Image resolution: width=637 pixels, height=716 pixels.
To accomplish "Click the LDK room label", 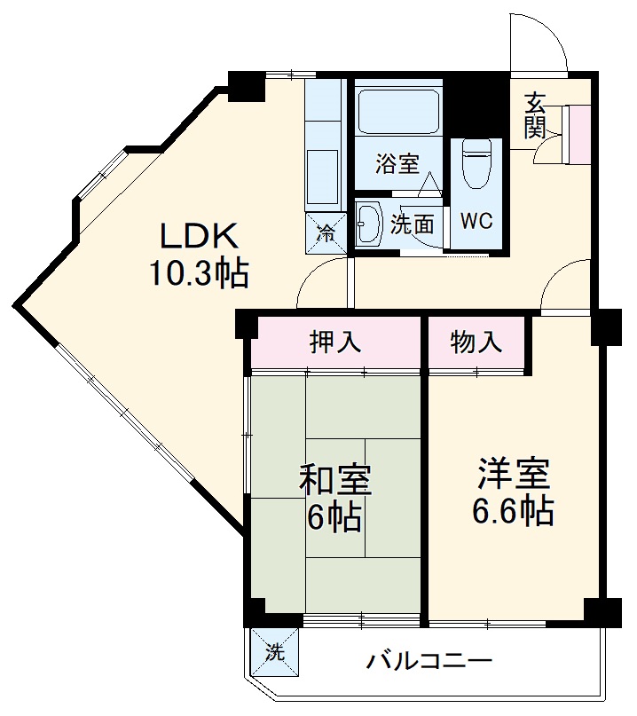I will click(199, 237).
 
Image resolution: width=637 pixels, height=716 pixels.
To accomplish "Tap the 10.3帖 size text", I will click(199, 272).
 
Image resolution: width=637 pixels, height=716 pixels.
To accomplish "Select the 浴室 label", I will click(396, 163).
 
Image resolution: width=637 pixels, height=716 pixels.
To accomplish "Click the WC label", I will click(476, 221).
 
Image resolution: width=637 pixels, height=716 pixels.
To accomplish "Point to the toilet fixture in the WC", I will click(476, 164).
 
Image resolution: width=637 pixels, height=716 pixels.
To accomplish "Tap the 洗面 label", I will click(413, 224).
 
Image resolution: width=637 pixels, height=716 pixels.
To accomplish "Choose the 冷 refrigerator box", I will click(326, 233).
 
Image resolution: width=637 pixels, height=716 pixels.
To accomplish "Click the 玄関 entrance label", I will click(535, 115).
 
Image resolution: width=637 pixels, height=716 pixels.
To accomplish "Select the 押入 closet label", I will click(334, 342).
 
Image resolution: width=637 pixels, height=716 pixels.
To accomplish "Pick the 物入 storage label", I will click(476, 342).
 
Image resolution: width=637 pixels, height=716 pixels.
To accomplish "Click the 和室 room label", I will click(334, 479).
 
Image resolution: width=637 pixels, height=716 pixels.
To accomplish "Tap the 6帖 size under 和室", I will click(334, 516).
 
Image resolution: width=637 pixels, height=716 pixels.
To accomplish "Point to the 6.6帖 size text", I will click(515, 512).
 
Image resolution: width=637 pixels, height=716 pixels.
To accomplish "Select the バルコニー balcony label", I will click(429, 661).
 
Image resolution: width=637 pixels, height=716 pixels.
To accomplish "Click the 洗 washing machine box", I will click(275, 654).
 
